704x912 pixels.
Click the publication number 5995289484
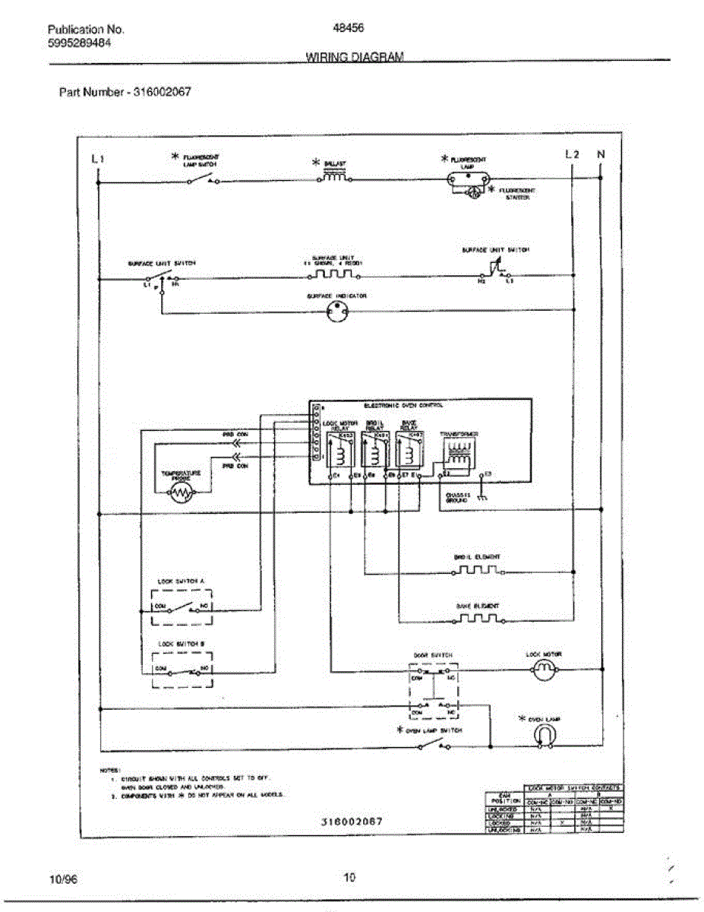[80, 43]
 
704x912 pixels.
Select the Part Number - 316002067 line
[125, 92]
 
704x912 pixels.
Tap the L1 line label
[96, 158]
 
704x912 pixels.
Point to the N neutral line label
[601, 155]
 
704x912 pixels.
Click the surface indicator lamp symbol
[336, 311]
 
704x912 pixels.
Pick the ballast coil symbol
[334, 176]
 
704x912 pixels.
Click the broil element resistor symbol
[476, 569]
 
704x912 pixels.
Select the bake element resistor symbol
[476, 619]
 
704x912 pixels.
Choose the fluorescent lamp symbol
[466, 179]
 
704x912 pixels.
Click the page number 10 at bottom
[349, 878]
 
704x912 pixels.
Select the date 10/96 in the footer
[62, 879]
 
